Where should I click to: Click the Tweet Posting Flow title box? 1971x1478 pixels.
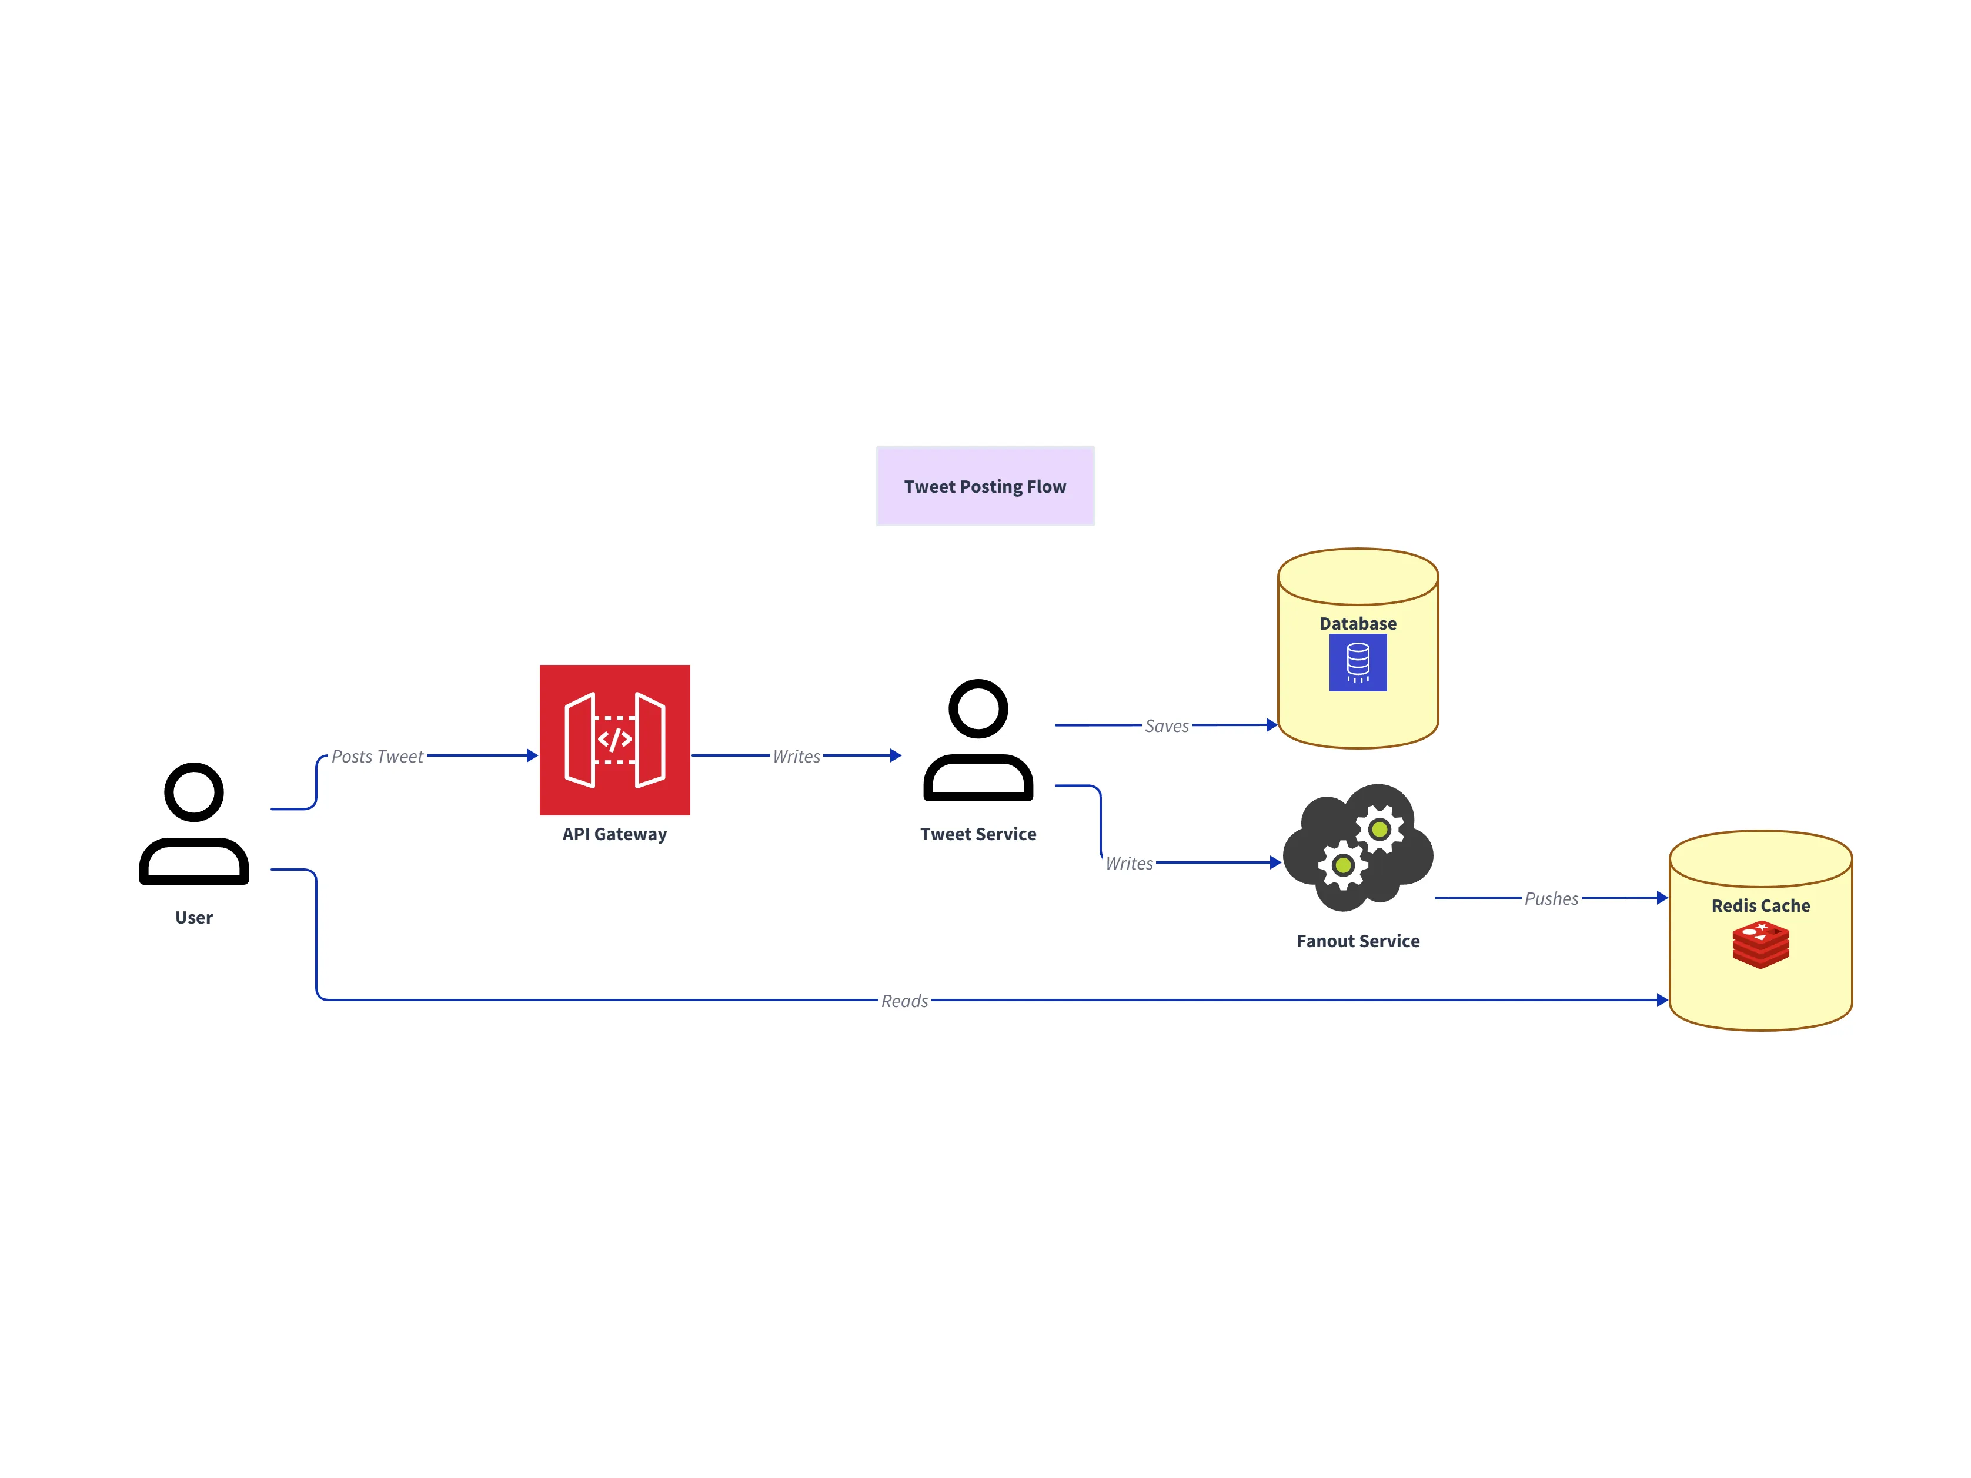click(x=984, y=486)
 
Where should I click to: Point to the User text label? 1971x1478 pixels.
click(x=193, y=918)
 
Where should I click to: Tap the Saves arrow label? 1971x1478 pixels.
click(x=1167, y=726)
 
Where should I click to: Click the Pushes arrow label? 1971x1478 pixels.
click(x=1551, y=899)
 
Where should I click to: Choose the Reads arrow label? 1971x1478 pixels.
click(x=904, y=1001)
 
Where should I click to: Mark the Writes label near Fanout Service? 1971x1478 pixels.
click(x=1129, y=863)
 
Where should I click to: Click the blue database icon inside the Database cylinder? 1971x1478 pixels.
click(x=1357, y=663)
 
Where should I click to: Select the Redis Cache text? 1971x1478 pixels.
click(x=1760, y=906)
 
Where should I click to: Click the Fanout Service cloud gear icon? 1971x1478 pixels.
click(x=1357, y=847)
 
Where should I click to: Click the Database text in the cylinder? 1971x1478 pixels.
click(x=1357, y=624)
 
